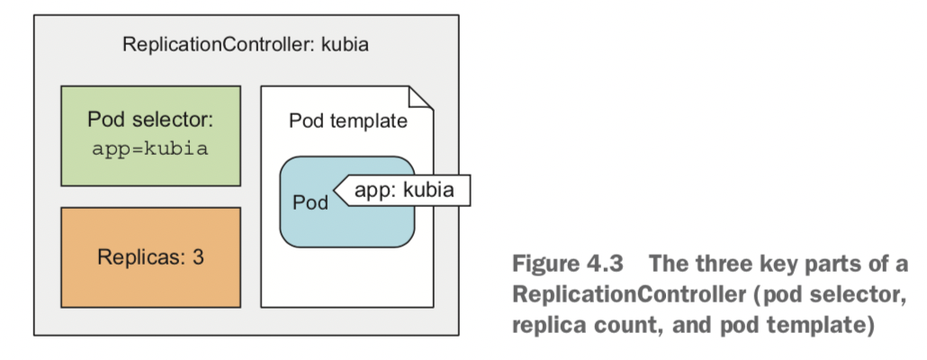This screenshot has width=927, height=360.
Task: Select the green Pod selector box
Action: click(150, 135)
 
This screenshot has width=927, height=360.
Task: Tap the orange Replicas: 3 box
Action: click(150, 257)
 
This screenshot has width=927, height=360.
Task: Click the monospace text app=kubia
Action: click(150, 149)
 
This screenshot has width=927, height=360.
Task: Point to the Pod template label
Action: click(348, 121)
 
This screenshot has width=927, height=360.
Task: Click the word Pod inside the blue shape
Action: click(310, 202)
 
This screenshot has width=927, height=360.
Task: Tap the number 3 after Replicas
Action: click(198, 257)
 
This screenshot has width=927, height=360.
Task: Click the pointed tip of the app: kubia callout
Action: click(336, 190)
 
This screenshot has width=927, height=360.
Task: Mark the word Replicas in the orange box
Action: click(139, 257)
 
